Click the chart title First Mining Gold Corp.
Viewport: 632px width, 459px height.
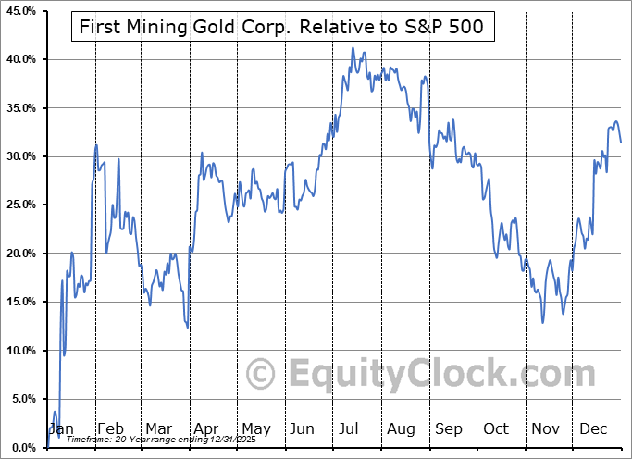(282, 27)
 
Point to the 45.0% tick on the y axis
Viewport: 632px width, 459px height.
(19, 11)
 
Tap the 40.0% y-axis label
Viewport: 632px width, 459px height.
(19, 59)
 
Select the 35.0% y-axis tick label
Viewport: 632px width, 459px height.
(19, 108)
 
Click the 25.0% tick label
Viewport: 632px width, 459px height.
(19, 205)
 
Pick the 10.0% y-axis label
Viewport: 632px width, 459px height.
(19, 351)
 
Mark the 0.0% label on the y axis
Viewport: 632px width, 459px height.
(22, 448)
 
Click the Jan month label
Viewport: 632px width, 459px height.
(61, 429)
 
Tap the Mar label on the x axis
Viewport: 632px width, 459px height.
(158, 429)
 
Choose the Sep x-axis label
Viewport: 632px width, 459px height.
(448, 429)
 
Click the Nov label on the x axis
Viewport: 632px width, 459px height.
(545, 429)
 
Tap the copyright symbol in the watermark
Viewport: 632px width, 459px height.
(262, 374)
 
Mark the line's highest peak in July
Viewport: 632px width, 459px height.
(353, 47)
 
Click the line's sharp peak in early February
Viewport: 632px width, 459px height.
(96, 144)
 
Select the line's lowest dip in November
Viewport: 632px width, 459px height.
(543, 322)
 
